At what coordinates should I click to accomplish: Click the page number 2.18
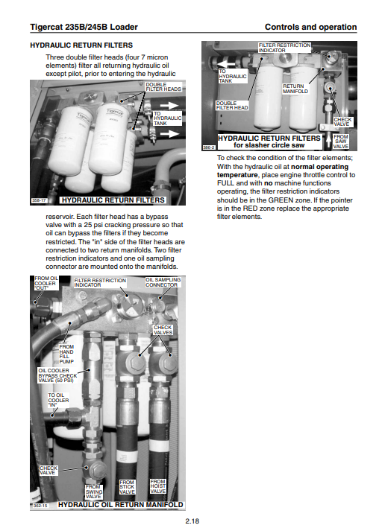pos(192,521)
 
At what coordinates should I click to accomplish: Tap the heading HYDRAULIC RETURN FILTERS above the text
pos(81,45)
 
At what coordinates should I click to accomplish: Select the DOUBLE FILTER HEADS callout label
pos(163,86)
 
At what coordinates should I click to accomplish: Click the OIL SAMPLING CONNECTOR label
pos(163,282)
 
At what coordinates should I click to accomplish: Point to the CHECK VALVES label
pos(163,330)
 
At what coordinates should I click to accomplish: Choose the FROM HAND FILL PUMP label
pos(66,354)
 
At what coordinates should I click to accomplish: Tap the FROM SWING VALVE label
pos(93,492)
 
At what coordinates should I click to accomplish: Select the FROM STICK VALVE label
pos(127,487)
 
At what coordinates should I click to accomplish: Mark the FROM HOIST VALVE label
pos(158,486)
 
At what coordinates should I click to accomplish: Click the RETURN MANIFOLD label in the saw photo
pos(295,89)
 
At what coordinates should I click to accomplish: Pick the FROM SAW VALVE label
pos(340,141)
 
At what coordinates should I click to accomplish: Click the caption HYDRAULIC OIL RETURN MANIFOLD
pos(120,504)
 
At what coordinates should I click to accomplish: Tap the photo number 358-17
pos(39,200)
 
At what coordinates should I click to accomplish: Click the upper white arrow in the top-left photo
pos(169,106)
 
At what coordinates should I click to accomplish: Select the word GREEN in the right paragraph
pos(281,200)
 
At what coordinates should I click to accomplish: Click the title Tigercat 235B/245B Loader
pos(84,27)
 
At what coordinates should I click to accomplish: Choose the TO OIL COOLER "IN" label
pos(58,400)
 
